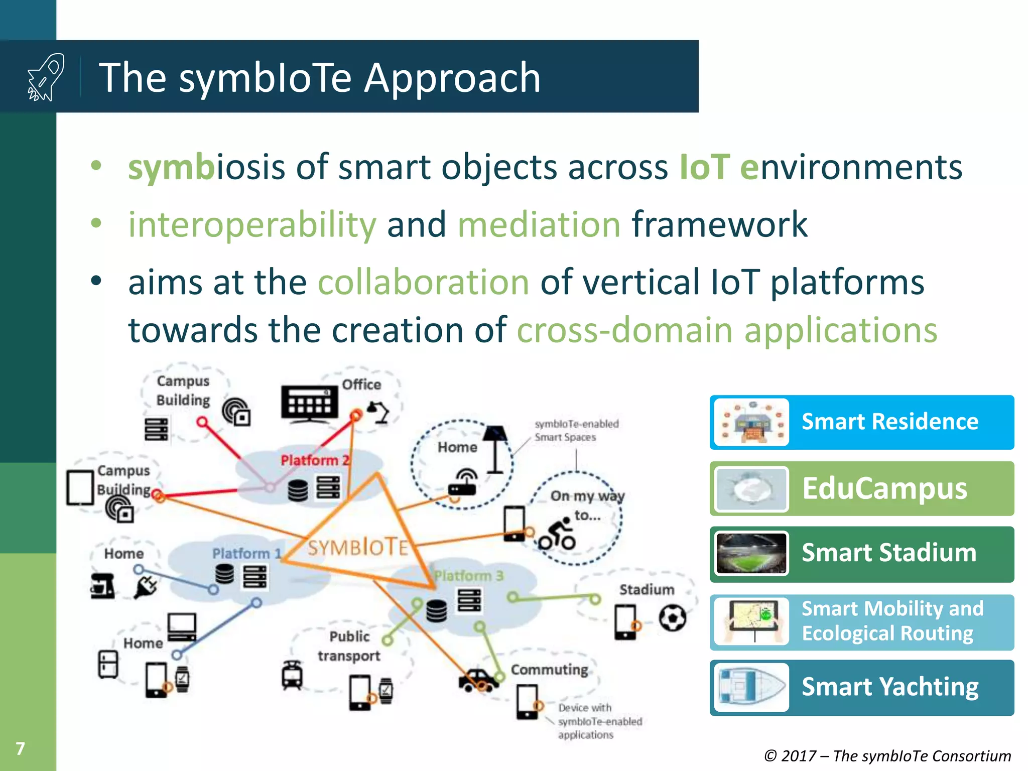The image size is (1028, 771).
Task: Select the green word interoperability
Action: pos(252,224)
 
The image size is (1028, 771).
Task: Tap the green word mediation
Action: pos(539,224)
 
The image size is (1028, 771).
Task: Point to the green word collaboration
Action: pos(423,282)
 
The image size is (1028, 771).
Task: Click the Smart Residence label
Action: pos(889,422)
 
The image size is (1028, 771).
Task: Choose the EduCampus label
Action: pos(884,488)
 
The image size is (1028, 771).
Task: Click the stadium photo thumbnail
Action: pos(751,554)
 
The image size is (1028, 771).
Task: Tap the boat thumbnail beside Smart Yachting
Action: pos(751,687)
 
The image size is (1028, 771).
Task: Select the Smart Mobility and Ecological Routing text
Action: pos(891,621)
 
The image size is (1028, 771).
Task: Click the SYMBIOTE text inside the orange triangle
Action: pos(358,548)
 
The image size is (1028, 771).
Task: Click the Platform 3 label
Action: pos(468,576)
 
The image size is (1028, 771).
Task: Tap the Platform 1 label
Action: pos(246,553)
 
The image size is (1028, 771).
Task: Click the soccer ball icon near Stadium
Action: pos(672,618)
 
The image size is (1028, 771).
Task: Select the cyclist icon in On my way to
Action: pos(558,535)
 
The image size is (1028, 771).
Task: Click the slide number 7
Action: pos(20,748)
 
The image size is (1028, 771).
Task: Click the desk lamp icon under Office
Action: pos(379,412)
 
